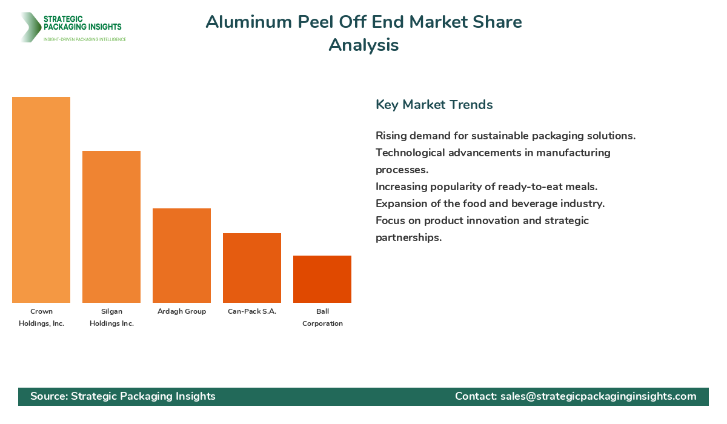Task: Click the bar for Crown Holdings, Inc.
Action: (x=41, y=200)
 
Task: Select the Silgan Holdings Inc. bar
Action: (x=111, y=227)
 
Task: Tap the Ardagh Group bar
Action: (x=182, y=256)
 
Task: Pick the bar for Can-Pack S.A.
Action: (x=252, y=268)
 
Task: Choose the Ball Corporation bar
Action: (x=322, y=279)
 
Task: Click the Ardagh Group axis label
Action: (x=182, y=311)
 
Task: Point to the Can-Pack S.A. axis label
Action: (x=252, y=311)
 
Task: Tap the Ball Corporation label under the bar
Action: (x=322, y=317)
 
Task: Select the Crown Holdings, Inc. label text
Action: (x=41, y=317)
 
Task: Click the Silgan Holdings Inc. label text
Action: (x=111, y=317)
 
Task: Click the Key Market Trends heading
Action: (x=434, y=105)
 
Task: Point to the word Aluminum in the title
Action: (x=249, y=22)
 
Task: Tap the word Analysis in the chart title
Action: (x=363, y=45)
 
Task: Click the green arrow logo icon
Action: (x=30, y=27)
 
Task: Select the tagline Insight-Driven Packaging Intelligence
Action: (x=85, y=39)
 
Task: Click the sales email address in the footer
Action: (x=598, y=396)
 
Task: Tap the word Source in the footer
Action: (x=48, y=396)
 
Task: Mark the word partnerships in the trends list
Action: (x=408, y=237)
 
